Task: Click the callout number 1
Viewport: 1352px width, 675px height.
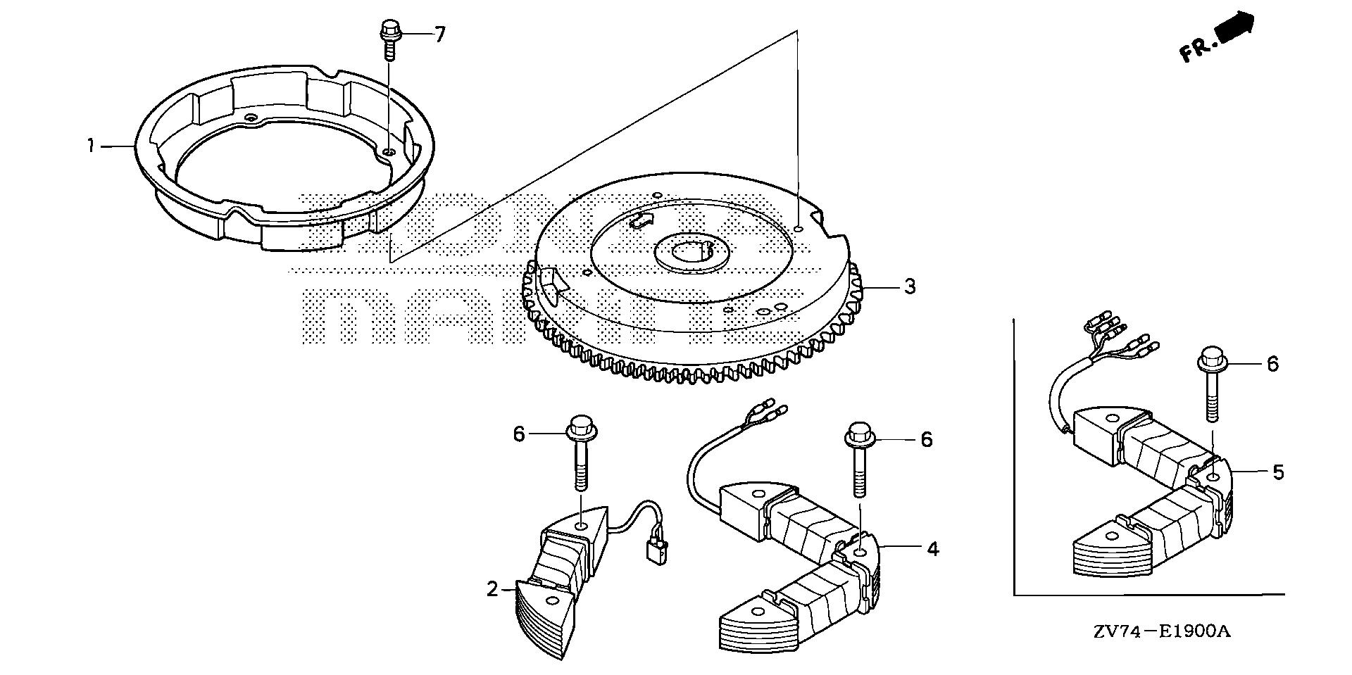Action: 91,146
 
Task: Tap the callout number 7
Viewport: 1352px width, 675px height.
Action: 439,34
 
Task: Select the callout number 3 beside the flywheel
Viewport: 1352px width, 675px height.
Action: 910,286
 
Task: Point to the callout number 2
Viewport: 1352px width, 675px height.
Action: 492,589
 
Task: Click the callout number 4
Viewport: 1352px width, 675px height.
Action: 932,548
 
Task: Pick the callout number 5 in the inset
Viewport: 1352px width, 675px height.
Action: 1278,472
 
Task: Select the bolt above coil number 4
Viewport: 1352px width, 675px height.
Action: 860,458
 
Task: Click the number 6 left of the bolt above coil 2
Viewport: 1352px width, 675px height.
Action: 518,434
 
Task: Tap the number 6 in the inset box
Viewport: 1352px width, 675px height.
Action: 1272,364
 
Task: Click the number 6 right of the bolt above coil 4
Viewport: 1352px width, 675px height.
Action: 926,440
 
